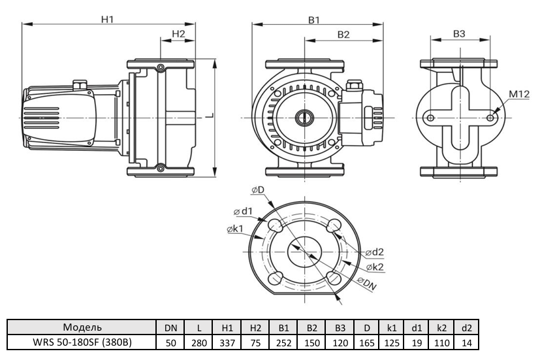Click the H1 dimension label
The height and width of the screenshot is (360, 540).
pyautogui.click(x=108, y=20)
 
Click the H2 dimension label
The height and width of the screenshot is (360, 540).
pyautogui.click(x=178, y=33)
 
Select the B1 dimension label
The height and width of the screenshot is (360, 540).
pyautogui.click(x=313, y=20)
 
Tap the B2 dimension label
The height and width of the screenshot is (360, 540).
pyautogui.click(x=344, y=33)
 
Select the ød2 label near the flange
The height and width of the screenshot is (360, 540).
pyautogui.click(x=375, y=252)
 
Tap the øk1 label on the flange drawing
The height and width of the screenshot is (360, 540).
pyautogui.click(x=236, y=229)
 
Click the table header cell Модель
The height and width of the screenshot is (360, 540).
pyautogui.click(x=82, y=327)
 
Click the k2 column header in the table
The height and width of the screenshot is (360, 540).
pyautogui.click(x=442, y=327)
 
